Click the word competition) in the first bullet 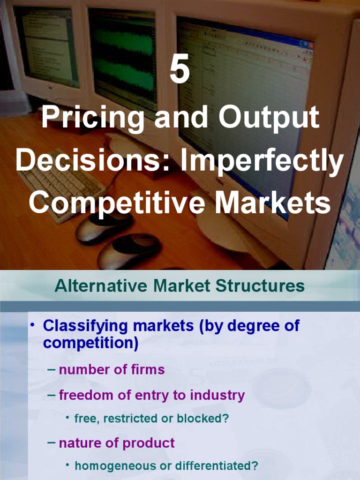pyautogui.click(x=90, y=344)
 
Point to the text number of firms pyautogui.click(x=112, y=370)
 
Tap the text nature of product pyautogui.click(x=117, y=443)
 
